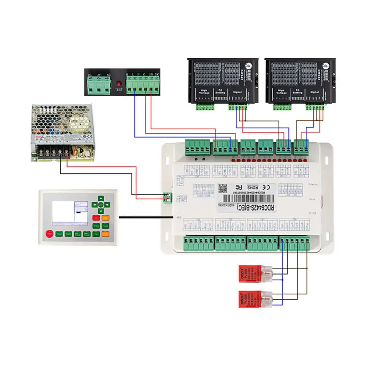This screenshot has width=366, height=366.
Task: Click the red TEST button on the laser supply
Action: [x=118, y=83]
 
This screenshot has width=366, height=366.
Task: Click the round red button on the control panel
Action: [x=49, y=234]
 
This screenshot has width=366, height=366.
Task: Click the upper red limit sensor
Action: [x=250, y=272]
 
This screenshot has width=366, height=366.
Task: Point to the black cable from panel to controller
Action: [x=146, y=217]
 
